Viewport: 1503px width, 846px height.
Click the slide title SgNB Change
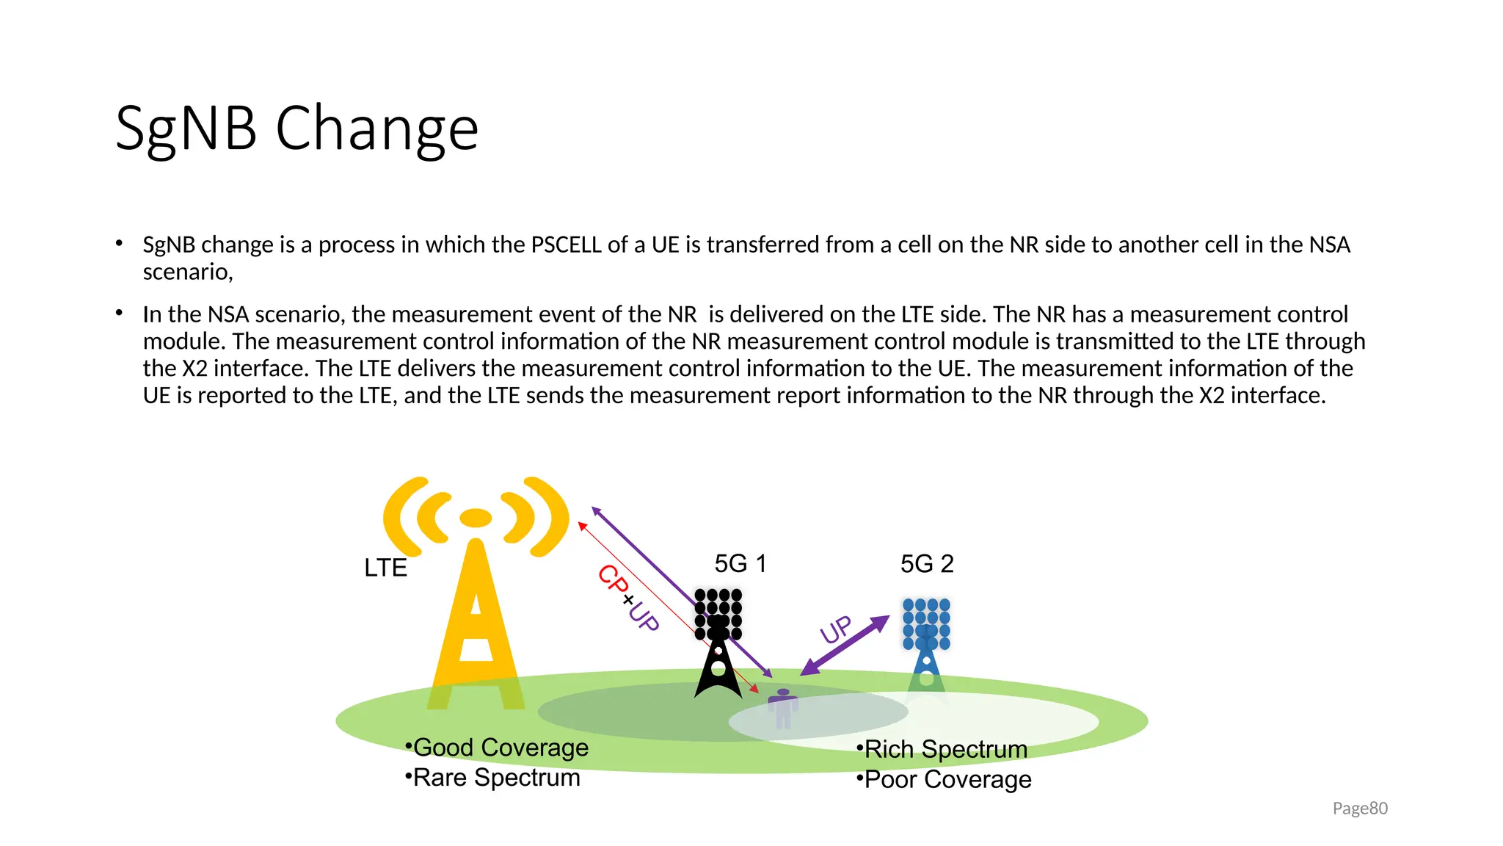(x=296, y=129)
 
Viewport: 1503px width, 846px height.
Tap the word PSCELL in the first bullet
(x=566, y=245)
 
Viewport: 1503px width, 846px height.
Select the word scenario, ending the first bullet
(x=188, y=272)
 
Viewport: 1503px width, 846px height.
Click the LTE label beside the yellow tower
(x=385, y=568)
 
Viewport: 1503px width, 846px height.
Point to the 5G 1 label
(x=740, y=564)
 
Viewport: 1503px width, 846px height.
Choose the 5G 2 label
(x=927, y=564)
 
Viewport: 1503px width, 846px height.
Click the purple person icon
(x=783, y=708)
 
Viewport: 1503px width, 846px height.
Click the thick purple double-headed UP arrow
(x=845, y=646)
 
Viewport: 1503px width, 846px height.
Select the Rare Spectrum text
(x=496, y=778)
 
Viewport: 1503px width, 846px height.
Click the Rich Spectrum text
(x=945, y=750)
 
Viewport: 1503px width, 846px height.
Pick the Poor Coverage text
(x=947, y=780)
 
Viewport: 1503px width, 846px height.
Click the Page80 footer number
(x=1360, y=809)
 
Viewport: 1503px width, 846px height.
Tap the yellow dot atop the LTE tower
(x=476, y=518)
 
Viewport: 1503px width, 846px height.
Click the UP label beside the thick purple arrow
(x=836, y=629)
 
